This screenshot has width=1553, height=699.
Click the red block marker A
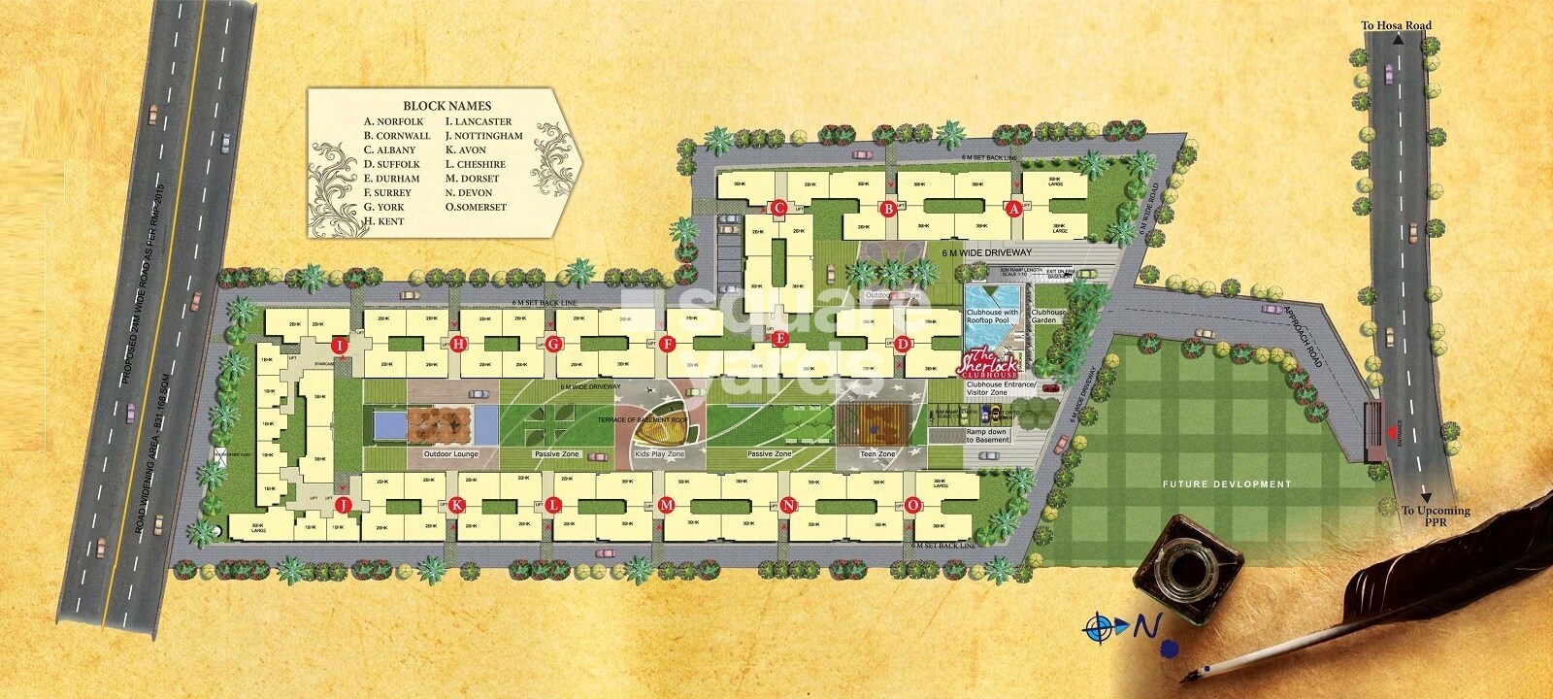[x=1015, y=208]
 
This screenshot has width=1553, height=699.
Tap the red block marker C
[x=776, y=208]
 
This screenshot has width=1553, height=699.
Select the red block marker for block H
[x=459, y=344]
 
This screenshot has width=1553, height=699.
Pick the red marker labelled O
[x=912, y=505]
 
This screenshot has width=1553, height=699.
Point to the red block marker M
[x=666, y=505]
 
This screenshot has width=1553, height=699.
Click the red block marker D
[x=903, y=343]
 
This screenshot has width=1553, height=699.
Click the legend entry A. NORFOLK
[x=394, y=122]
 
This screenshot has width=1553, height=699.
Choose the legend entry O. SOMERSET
[x=476, y=207]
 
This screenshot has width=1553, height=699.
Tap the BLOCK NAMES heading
[x=446, y=106]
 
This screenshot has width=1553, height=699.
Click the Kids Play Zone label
[x=659, y=454]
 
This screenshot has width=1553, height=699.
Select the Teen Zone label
[x=877, y=454]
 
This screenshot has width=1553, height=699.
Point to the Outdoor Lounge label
[x=451, y=454]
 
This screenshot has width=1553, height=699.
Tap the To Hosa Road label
[x=1396, y=26]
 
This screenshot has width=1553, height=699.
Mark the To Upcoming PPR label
[x=1436, y=516]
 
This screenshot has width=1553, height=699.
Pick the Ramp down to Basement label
[x=987, y=436]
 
